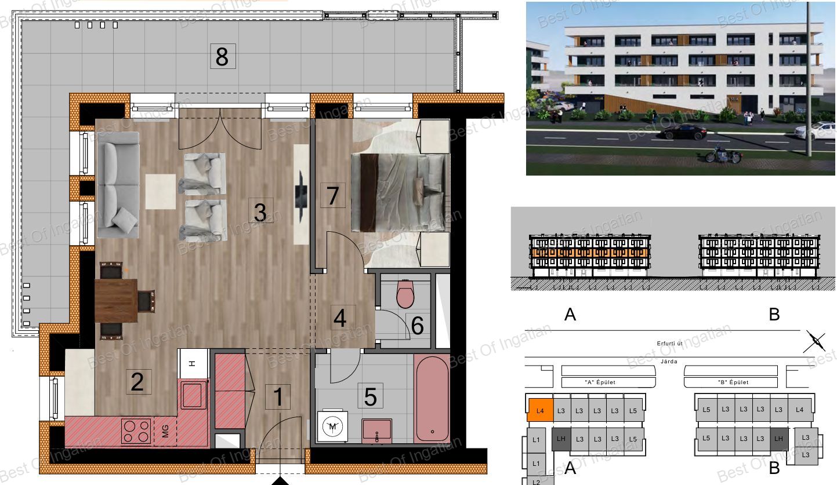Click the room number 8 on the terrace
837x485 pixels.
point(222,56)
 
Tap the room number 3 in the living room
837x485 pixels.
point(260,211)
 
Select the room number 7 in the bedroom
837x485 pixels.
point(332,195)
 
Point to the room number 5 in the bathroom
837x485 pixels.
point(370,396)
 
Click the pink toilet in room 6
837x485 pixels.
point(405,293)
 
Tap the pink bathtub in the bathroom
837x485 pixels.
point(432,398)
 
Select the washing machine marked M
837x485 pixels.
point(332,426)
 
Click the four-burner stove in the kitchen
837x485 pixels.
point(136,431)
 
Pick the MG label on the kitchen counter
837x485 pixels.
point(165,431)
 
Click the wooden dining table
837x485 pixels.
point(116,301)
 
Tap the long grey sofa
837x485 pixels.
point(118,185)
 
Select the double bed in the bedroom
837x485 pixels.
point(400,192)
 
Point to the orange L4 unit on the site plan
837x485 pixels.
point(540,410)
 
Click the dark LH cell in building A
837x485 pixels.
point(561,439)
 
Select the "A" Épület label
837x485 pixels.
point(600,382)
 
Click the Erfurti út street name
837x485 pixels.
point(669,343)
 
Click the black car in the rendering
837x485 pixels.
point(682,132)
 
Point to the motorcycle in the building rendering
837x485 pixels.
point(722,154)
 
